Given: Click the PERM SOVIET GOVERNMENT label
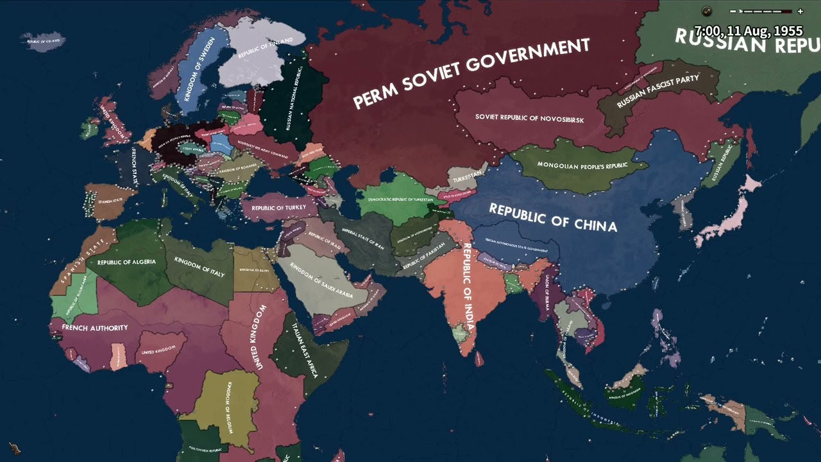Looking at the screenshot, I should click(471, 73).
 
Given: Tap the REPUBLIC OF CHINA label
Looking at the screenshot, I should click(553, 218).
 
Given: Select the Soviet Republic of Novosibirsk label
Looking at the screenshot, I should click(529, 118).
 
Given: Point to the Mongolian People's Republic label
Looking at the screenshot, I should click(582, 166).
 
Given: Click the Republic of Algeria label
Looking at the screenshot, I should click(127, 262).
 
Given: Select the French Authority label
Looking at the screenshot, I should click(95, 328).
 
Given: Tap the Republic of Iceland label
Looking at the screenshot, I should click(44, 40).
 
